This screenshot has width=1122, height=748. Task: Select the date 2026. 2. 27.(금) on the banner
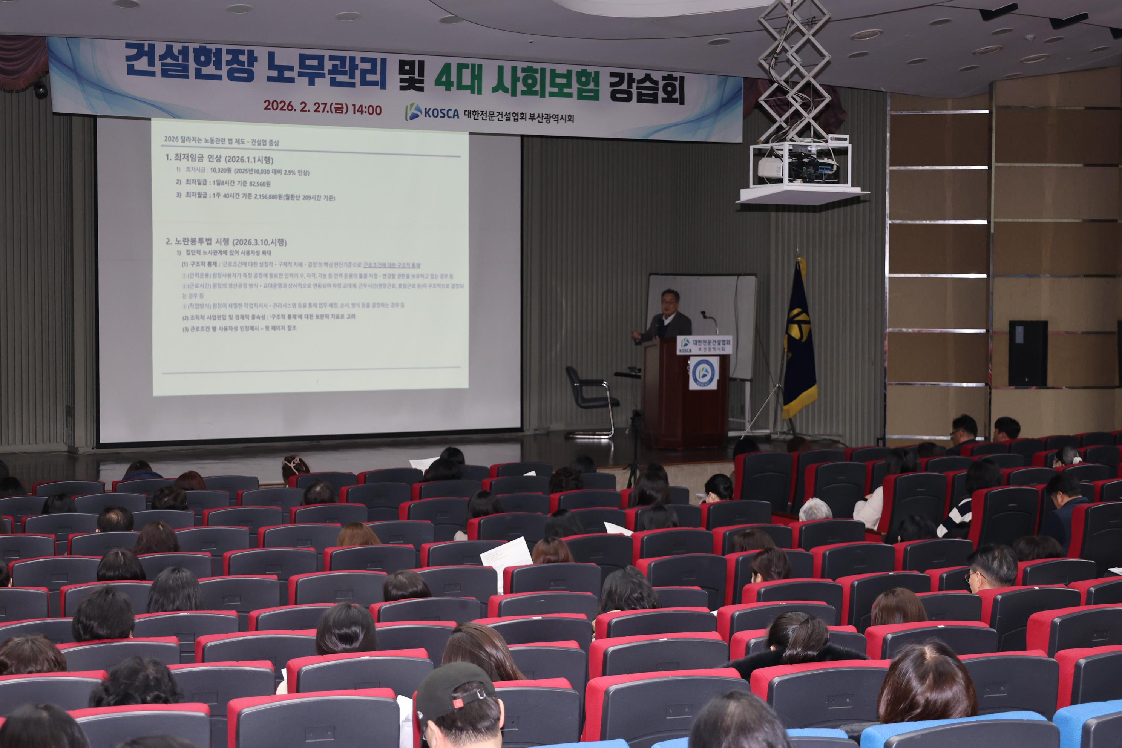click(305, 106)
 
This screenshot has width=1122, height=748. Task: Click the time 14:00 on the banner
click(366, 110)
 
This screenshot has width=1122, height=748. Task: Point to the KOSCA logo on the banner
click(432, 113)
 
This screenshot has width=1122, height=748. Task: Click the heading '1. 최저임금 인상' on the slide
click(219, 158)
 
